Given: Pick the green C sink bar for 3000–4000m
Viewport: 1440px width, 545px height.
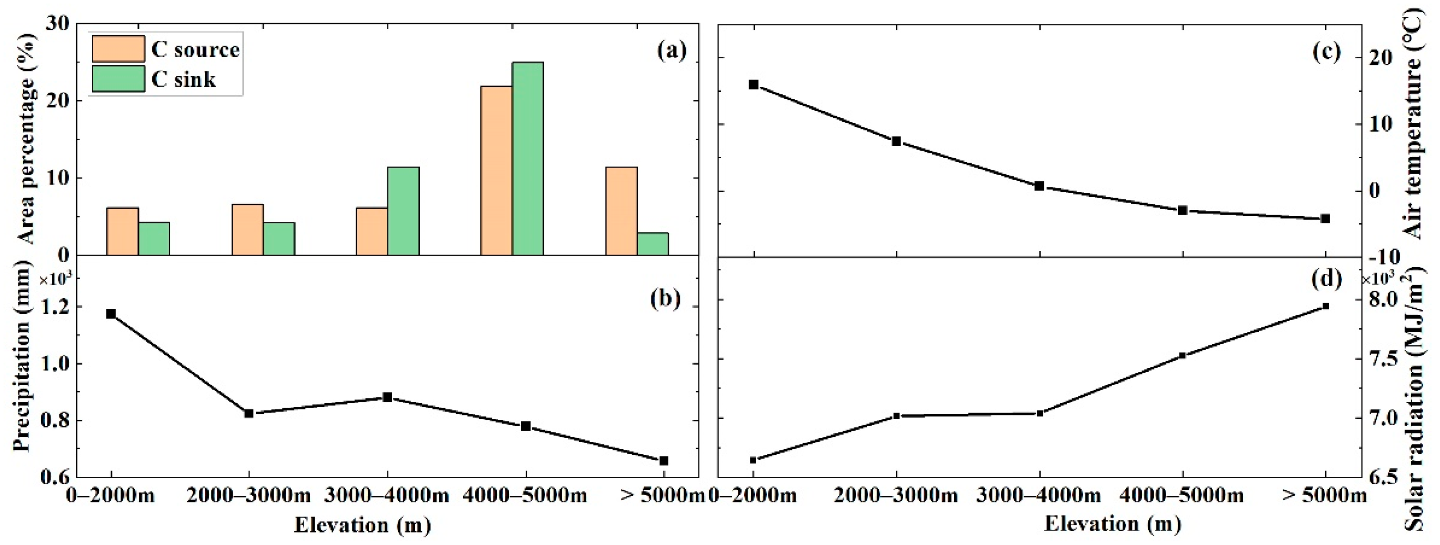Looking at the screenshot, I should (403, 211).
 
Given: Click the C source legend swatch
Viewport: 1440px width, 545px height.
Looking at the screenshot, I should (118, 49).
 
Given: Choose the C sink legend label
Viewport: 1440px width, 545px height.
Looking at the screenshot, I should (183, 79).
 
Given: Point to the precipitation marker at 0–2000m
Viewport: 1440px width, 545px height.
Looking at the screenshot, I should (111, 314).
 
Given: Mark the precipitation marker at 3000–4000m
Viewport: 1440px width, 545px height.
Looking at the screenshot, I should (387, 397).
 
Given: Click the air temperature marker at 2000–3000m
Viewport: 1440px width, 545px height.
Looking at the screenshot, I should (896, 141).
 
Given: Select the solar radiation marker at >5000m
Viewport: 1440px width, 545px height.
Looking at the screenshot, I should (1325, 306).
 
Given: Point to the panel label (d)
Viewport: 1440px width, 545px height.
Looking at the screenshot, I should (1325, 278).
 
